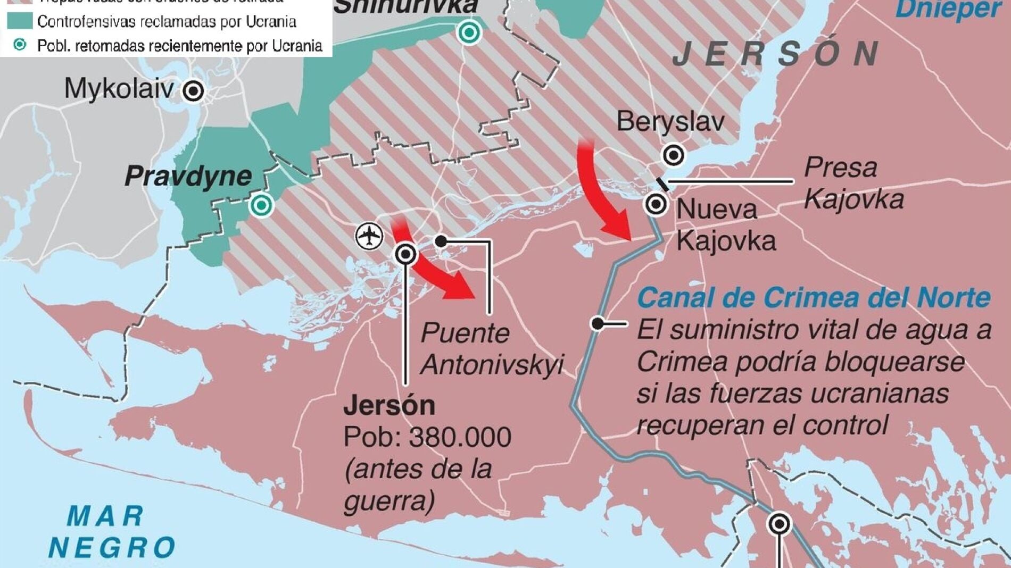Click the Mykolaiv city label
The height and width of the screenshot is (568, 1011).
(119, 88)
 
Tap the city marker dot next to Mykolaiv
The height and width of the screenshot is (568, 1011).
(193, 91)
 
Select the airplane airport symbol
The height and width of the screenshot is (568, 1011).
(369, 235)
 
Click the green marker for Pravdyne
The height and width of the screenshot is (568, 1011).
(261, 205)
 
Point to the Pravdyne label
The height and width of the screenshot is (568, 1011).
(188, 176)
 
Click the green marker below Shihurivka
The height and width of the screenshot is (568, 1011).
(469, 32)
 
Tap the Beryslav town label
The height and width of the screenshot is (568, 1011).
(670, 122)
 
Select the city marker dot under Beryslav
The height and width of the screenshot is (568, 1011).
(674, 155)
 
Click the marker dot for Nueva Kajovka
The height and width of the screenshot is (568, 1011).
(656, 204)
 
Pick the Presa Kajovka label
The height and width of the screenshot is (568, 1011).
(853, 183)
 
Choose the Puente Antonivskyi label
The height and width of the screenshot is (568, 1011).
(491, 349)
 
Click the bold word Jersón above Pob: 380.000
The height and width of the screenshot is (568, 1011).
(389, 406)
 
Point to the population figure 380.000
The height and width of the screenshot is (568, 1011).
(460, 437)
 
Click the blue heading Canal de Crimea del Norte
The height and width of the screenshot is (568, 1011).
(814, 298)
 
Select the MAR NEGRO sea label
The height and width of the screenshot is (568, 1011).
(111, 532)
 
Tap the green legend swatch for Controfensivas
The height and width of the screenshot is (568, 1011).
(20, 21)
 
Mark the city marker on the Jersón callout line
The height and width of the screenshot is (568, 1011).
(406, 254)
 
